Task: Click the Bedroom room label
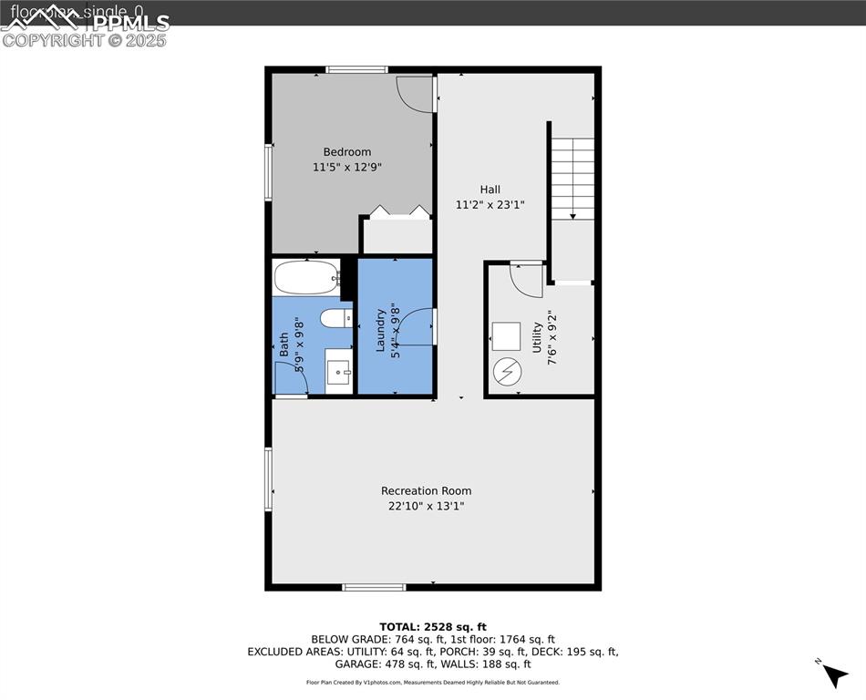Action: pyautogui.click(x=346, y=151)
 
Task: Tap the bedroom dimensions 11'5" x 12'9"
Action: pyautogui.click(x=346, y=168)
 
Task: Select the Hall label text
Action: pyautogui.click(x=490, y=190)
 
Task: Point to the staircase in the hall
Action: pyautogui.click(x=572, y=178)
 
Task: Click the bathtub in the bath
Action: pyautogui.click(x=306, y=278)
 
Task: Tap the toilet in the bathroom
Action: pyautogui.click(x=335, y=318)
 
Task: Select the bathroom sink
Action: pyautogui.click(x=339, y=372)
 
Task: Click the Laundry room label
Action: pyautogui.click(x=381, y=331)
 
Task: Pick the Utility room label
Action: pyautogui.click(x=537, y=337)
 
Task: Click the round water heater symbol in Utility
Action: pyautogui.click(x=506, y=372)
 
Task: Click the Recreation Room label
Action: pyautogui.click(x=426, y=491)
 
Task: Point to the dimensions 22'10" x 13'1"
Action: pyautogui.click(x=426, y=507)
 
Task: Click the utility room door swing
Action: pyautogui.click(x=526, y=281)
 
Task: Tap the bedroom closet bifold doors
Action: pyautogui.click(x=397, y=212)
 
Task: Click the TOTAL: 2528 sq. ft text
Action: pyautogui.click(x=433, y=627)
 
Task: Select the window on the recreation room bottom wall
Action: pyautogui.click(x=374, y=587)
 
